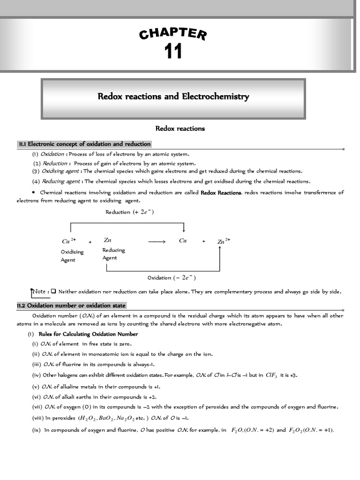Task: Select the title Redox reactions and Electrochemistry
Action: tap(173, 97)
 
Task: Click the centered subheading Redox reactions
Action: tap(180, 128)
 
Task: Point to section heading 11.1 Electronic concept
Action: tap(84, 144)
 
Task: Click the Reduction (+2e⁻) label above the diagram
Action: tap(130, 212)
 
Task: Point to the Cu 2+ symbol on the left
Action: tap(68, 241)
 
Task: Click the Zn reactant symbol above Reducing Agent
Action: tap(107, 240)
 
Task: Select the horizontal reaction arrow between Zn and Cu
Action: tap(157, 241)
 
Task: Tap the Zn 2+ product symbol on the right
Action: tap(224, 241)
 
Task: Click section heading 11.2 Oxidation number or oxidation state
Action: tap(71, 306)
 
